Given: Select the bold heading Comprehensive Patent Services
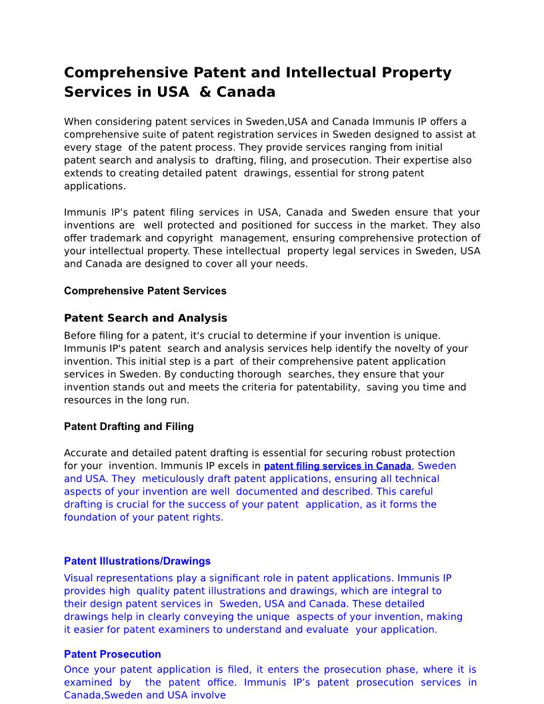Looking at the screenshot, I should click(145, 291).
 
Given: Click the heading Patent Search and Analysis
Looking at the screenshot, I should click(145, 318).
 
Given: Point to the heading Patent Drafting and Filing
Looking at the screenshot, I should click(129, 426).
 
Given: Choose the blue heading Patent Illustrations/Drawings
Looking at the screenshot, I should click(137, 561).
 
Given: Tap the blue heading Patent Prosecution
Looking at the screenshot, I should click(113, 654).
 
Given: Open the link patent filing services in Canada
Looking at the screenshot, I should click(337, 466).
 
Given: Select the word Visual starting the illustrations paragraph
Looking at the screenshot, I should click(79, 578).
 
